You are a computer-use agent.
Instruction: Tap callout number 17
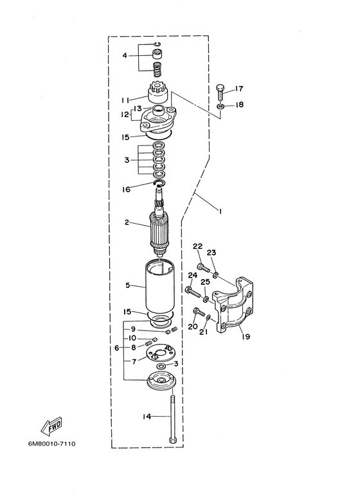(x=239, y=89)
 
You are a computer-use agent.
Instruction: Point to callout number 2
(x=127, y=222)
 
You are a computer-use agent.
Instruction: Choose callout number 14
(x=147, y=417)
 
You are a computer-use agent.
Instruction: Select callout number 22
(x=197, y=246)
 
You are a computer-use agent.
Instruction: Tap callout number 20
(x=193, y=326)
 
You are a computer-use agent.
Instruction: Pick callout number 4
(x=125, y=56)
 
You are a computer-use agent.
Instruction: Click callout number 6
(x=118, y=348)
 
